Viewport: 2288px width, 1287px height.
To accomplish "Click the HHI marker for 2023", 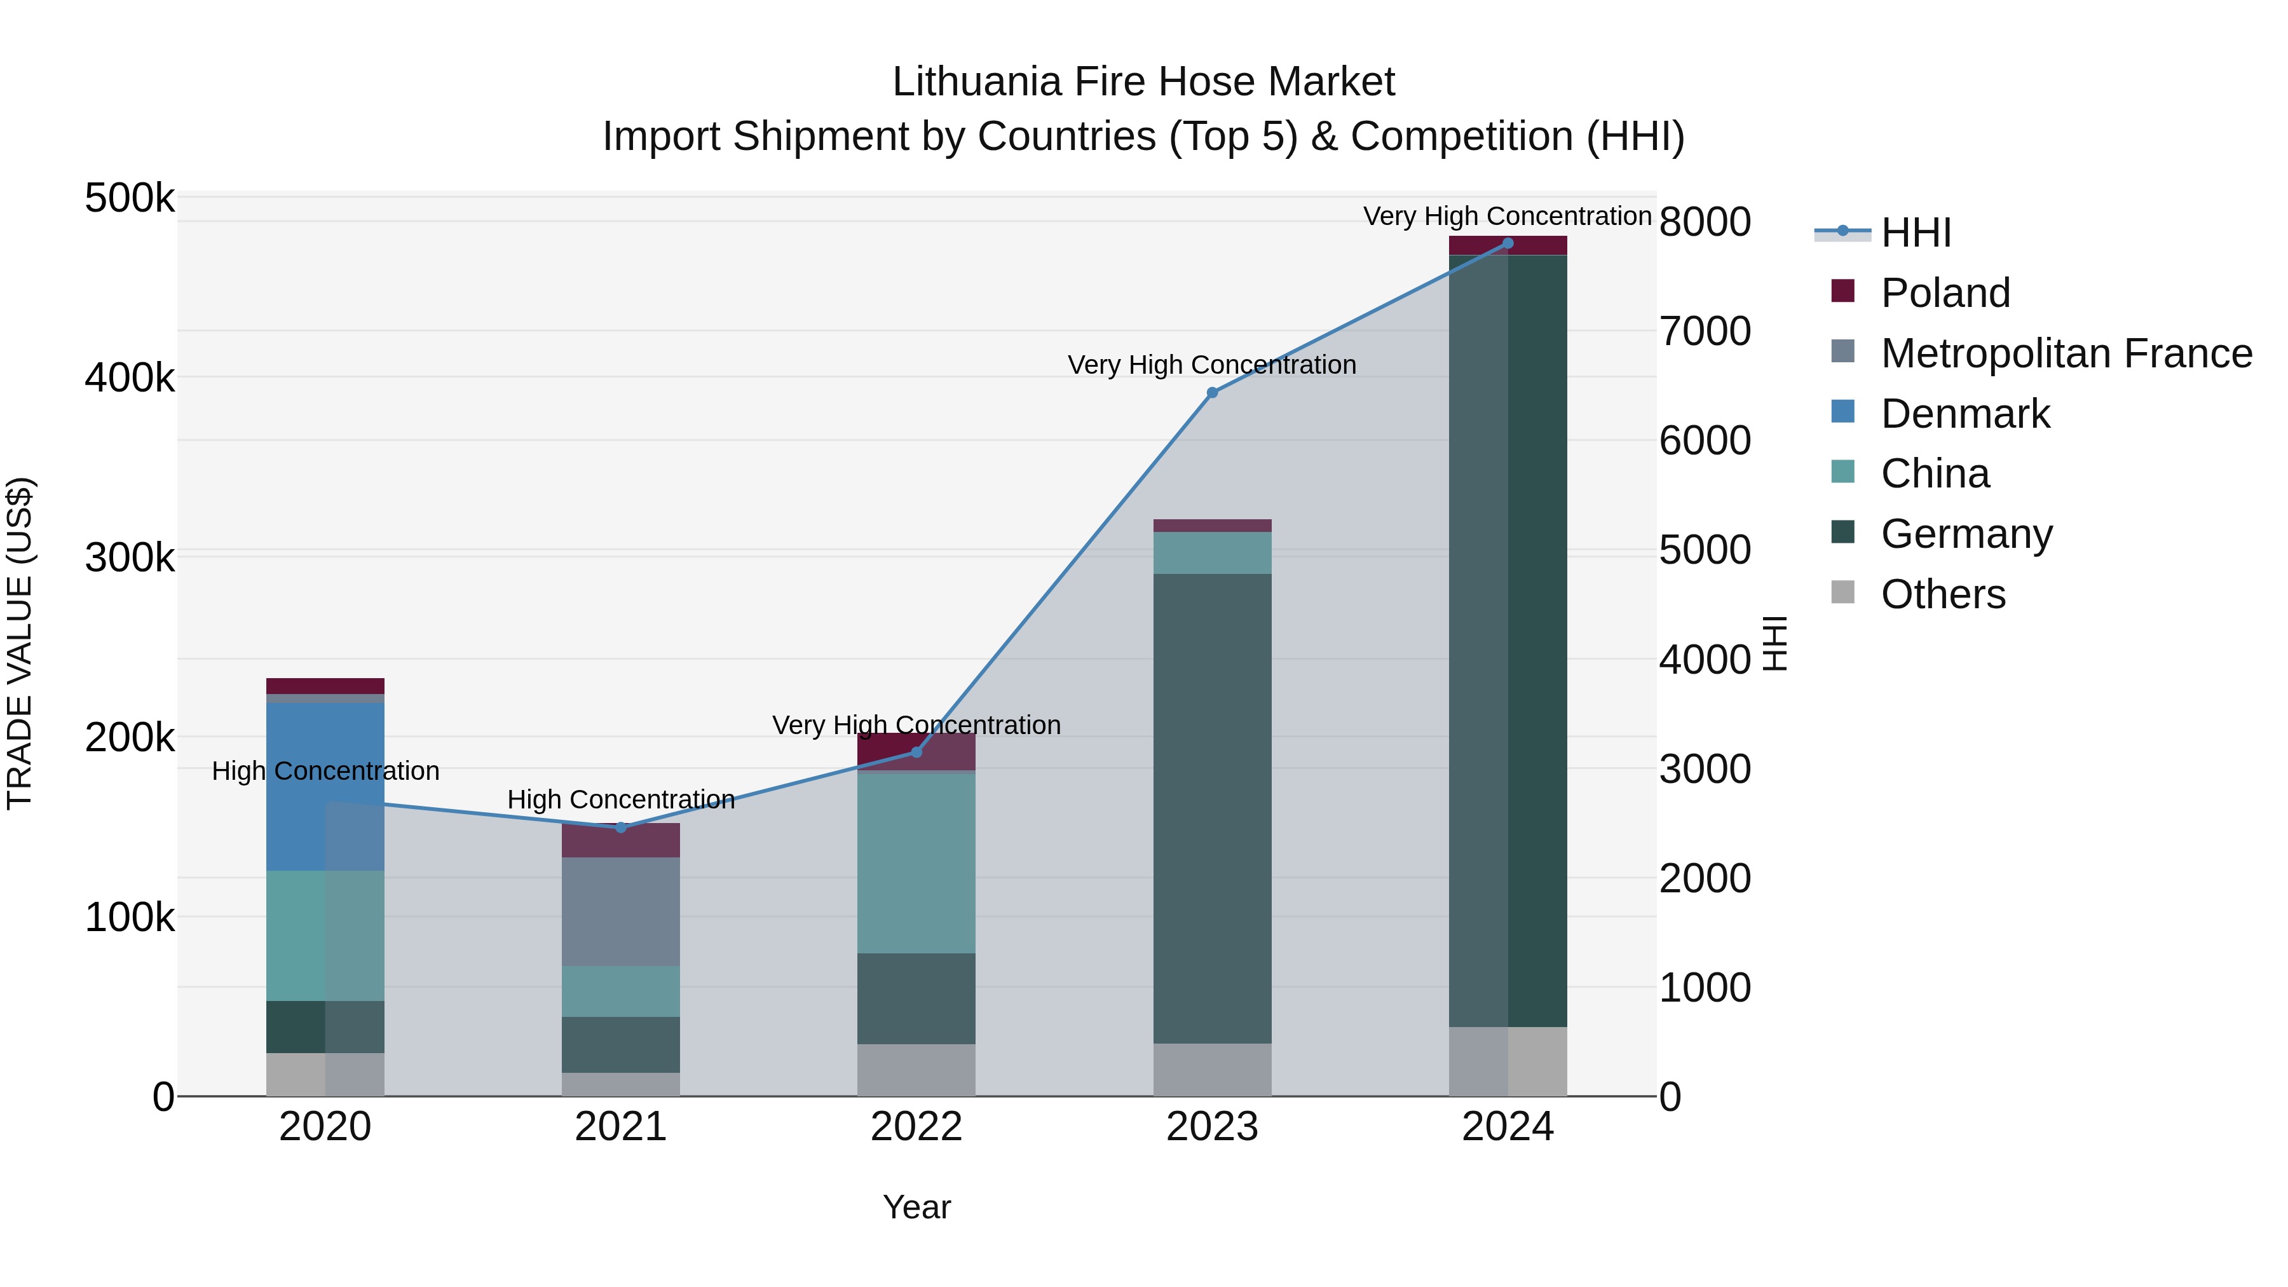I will pyautogui.click(x=1213, y=393).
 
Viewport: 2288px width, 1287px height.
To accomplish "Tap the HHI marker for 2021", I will pyautogui.click(x=621, y=827).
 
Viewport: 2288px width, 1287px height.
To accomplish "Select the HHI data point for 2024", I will pyautogui.click(x=1508, y=243).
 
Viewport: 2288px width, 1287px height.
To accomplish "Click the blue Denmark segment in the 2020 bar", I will pyautogui.click(x=325, y=786).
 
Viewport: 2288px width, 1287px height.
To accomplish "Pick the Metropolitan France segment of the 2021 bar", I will pyautogui.click(x=621, y=911).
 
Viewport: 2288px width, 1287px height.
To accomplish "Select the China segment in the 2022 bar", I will pyautogui.click(x=916, y=863).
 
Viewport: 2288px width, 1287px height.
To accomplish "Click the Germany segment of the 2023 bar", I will pyautogui.click(x=1213, y=808).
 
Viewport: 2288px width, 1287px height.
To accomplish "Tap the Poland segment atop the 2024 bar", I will pyautogui.click(x=1508, y=245).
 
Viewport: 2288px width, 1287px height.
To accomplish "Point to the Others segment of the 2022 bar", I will pyautogui.click(x=916, y=1070).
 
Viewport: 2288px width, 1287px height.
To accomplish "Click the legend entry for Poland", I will pyautogui.click(x=1945, y=293).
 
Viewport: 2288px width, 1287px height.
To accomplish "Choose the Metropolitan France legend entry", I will pyautogui.click(x=2066, y=353).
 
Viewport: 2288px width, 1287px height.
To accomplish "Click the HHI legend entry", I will pyautogui.click(x=1916, y=233).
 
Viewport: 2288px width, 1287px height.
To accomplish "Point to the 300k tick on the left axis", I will pyautogui.click(x=130, y=558).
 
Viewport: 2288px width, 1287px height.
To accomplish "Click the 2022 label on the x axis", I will pyautogui.click(x=916, y=1127).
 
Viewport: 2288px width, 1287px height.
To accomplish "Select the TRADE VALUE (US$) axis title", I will pyautogui.click(x=20, y=643).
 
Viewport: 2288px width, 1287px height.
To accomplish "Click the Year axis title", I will pyautogui.click(x=916, y=1207).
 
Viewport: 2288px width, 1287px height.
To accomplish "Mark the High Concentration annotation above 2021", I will pyautogui.click(x=621, y=800).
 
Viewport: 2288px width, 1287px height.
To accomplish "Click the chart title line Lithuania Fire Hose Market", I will pyautogui.click(x=1143, y=82).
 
